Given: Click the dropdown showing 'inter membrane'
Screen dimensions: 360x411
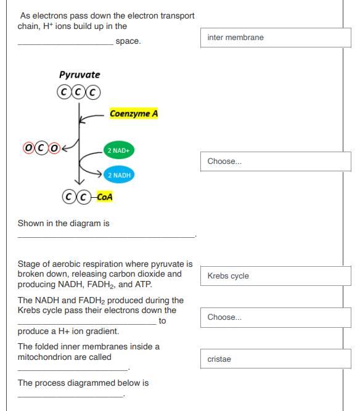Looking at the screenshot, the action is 276,38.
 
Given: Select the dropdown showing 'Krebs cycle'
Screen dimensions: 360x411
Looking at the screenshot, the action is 276,276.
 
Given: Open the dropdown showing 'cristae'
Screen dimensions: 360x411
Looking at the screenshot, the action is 276,359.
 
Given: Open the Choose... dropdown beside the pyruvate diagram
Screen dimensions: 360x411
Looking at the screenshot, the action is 276,161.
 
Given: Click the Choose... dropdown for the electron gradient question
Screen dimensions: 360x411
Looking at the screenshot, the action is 276,317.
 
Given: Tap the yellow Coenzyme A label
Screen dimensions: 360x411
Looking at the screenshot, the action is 134,113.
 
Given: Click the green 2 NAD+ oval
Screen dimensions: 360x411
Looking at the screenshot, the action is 119,150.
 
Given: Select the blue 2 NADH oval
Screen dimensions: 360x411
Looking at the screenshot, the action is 119,175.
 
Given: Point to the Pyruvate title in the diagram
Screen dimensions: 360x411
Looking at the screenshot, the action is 80,75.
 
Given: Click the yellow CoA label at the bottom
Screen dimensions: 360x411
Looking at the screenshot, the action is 105,197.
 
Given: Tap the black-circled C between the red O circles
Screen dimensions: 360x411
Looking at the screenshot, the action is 41,148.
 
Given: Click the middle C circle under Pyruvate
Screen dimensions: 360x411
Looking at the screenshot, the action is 78,92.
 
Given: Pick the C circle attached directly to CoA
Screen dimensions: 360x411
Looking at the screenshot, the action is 84,197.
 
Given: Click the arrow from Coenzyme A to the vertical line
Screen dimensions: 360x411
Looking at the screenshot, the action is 91,117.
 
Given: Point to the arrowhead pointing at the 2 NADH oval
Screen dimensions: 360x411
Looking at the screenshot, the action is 99,174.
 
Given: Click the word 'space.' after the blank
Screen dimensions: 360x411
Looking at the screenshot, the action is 128,41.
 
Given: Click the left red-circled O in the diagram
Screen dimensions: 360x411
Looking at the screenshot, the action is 28,148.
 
